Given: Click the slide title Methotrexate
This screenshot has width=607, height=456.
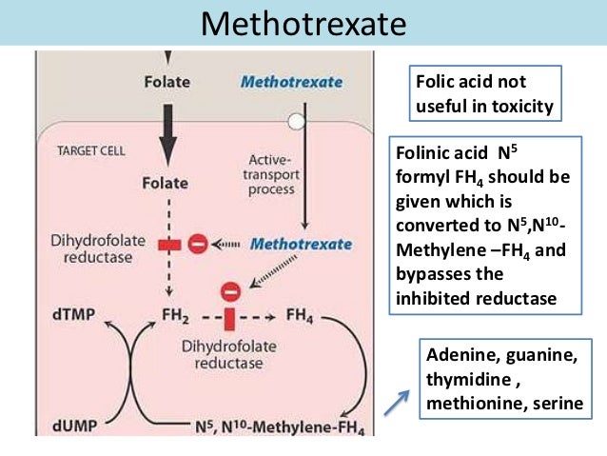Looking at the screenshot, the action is click(x=303, y=23).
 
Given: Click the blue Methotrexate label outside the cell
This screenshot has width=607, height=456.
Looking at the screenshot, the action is click(x=291, y=83).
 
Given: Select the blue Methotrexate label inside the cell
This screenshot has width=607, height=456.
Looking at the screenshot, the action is click(x=296, y=244).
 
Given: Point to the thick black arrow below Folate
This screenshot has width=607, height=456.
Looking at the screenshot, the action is click(x=167, y=130).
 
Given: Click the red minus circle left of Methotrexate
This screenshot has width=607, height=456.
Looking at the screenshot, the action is click(x=198, y=244).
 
